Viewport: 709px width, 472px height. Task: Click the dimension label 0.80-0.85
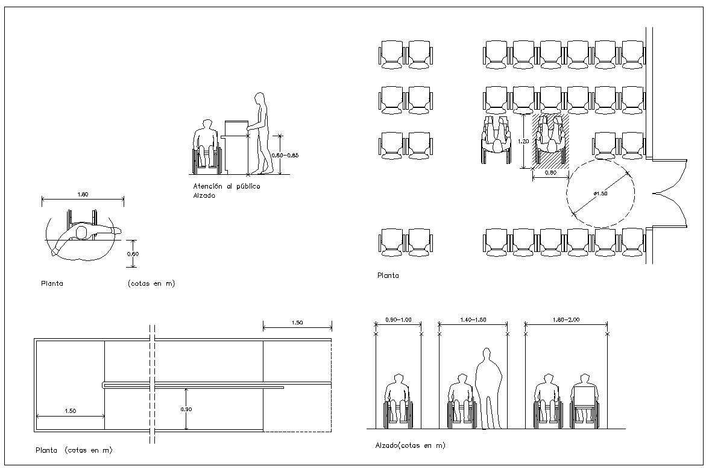pyautogui.click(x=286, y=155)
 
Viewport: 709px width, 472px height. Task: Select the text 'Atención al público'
pyautogui.click(x=226, y=186)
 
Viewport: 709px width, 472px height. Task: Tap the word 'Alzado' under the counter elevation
pyautogui.click(x=204, y=195)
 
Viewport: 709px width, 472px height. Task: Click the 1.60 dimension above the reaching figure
pyautogui.click(x=82, y=194)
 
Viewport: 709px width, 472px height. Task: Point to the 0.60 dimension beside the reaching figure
pyautogui.click(x=133, y=254)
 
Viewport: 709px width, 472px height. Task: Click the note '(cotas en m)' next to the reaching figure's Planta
pyautogui.click(x=151, y=283)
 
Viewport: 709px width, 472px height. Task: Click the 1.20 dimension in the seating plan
pyautogui.click(x=523, y=141)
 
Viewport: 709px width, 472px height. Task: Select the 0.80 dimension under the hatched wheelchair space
pyautogui.click(x=550, y=172)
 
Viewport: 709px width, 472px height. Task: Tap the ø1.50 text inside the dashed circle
pyautogui.click(x=600, y=194)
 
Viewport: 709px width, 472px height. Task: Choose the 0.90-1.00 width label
pyautogui.click(x=398, y=320)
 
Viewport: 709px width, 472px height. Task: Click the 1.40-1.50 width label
pyautogui.click(x=473, y=320)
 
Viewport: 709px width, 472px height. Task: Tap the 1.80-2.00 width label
pyautogui.click(x=566, y=320)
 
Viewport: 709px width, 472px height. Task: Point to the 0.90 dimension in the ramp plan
pyautogui.click(x=186, y=409)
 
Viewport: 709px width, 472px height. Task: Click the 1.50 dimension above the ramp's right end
pyautogui.click(x=297, y=323)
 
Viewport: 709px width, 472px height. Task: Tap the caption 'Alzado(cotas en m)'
pyautogui.click(x=410, y=445)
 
